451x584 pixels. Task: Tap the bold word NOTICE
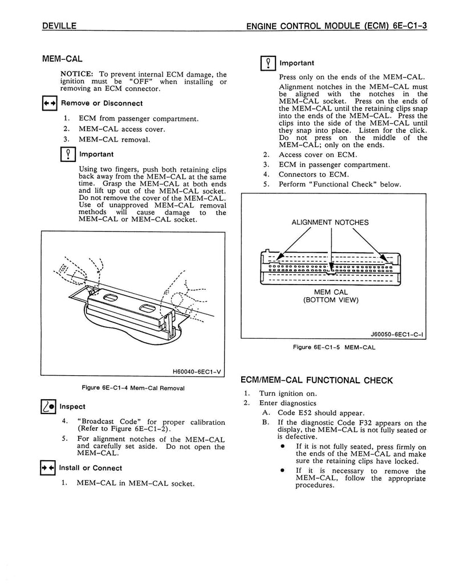tap(78, 74)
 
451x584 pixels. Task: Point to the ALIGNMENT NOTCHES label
tap(330, 222)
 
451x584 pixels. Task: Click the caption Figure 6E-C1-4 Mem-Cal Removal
tap(133, 388)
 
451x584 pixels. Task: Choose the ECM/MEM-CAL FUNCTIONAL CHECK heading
tap(317, 380)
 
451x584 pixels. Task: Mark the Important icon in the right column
tap(267, 63)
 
